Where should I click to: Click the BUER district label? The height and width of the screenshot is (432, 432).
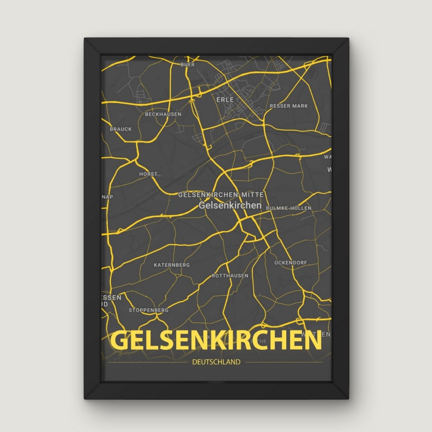tap(188, 64)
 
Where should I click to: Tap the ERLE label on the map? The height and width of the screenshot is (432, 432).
tap(225, 100)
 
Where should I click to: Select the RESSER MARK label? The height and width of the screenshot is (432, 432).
tap(289, 106)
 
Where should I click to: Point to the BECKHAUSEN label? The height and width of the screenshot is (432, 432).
tap(163, 114)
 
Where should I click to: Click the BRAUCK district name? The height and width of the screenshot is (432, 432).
tap(121, 129)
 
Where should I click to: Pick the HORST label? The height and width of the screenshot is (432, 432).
tap(148, 174)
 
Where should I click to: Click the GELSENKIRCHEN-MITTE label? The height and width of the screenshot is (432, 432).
tap(221, 195)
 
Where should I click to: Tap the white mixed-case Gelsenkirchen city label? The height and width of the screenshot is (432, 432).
tap(230, 205)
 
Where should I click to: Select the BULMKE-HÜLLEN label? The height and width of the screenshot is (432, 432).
tap(289, 208)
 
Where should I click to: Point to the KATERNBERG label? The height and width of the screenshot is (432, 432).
tap(172, 265)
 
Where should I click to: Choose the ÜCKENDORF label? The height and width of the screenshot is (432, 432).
tap(291, 263)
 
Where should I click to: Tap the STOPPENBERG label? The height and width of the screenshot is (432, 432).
tap(149, 310)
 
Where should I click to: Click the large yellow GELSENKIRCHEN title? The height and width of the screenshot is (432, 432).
tap(216, 341)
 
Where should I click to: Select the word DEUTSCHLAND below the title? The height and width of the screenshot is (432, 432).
tap(216, 362)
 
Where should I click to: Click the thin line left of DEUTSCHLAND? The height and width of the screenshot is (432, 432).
tap(149, 362)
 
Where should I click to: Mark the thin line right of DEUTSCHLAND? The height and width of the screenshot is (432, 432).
tap(283, 362)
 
